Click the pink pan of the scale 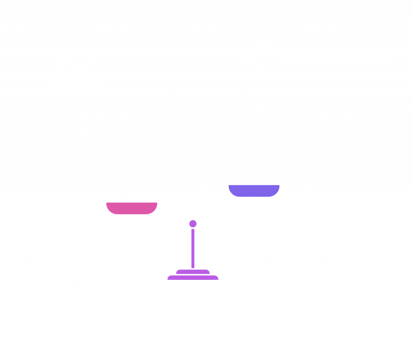[132, 208]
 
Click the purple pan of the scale [254, 190]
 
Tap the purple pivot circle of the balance [193, 223]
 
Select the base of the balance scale [193, 275]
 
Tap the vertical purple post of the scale [193, 248]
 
